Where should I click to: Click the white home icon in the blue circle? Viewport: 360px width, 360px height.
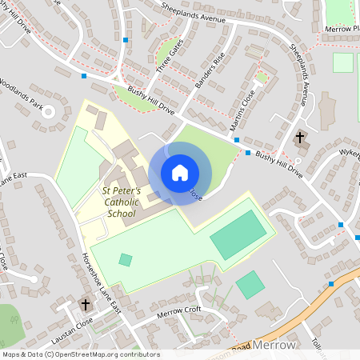pyautogui.click(x=180, y=173)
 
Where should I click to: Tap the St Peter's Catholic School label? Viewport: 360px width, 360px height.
pyautogui.click(x=122, y=202)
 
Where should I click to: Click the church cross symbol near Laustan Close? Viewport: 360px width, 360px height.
pyautogui.click(x=86, y=304)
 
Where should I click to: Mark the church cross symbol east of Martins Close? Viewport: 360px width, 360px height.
pyautogui.click(x=300, y=138)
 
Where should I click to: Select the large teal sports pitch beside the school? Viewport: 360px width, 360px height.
pyautogui.click(x=238, y=234)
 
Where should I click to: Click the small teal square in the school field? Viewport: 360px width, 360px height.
pyautogui.click(x=126, y=259)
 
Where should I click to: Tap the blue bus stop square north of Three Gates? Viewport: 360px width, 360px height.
pyautogui.click(x=126, y=38)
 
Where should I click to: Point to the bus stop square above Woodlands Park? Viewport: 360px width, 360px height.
pyautogui.click(x=84, y=76)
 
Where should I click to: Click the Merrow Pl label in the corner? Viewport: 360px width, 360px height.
pyautogui.click(x=342, y=28)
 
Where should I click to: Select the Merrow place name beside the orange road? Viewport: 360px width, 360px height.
pyautogui.click(x=274, y=345)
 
